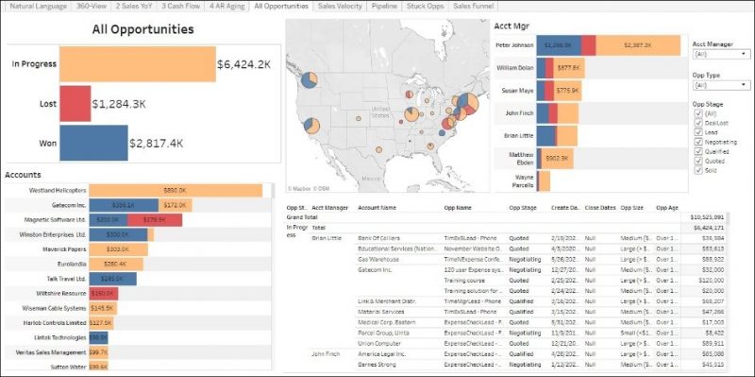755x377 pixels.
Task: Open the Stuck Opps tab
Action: [x=427, y=6]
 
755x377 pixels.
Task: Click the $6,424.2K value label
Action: [x=244, y=65]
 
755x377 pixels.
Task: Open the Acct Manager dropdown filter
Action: [x=719, y=55]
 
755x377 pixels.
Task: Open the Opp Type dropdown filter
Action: [x=719, y=84]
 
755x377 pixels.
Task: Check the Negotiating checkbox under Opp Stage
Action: [x=697, y=142]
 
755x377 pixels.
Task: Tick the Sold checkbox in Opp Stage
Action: [x=697, y=170]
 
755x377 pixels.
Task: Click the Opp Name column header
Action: [x=459, y=207]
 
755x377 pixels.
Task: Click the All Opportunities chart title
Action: [x=143, y=29]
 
